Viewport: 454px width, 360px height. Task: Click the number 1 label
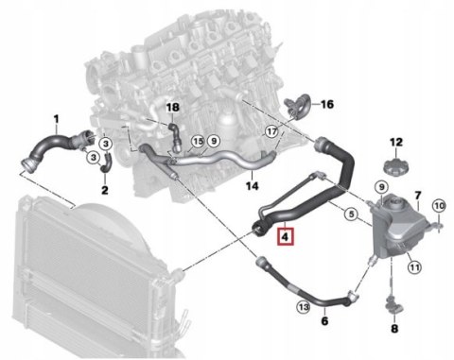coord(56,119)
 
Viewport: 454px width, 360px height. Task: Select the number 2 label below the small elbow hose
coord(105,190)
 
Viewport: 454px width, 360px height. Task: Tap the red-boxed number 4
coord(285,236)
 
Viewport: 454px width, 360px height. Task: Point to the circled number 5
coord(351,214)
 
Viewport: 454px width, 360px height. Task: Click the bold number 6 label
coord(324,321)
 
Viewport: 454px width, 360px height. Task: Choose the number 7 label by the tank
coord(418,196)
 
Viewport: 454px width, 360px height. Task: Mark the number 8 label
coord(394,329)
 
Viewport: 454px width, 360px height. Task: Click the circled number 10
coord(439,206)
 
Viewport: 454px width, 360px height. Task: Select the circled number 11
coord(414,267)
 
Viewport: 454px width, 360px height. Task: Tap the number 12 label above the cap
coord(396,142)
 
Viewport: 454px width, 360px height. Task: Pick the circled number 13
coord(304,307)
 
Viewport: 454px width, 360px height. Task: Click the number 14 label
coord(253,186)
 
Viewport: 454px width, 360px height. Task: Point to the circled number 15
coord(198,142)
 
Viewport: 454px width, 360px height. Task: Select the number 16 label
coord(326,104)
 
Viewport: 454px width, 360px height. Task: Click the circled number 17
coord(271,131)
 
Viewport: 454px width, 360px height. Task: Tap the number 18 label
coord(172,108)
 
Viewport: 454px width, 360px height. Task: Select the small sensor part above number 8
coord(393,305)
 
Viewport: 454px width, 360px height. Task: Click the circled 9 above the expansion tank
coord(381,188)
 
